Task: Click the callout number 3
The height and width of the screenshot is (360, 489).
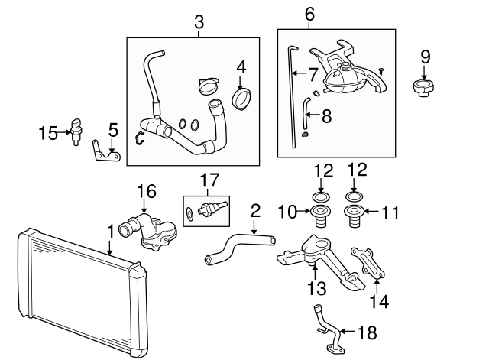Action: [199, 23]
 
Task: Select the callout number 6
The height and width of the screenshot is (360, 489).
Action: [309, 13]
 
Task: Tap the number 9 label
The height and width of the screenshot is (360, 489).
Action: [426, 56]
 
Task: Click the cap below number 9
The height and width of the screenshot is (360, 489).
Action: [423, 88]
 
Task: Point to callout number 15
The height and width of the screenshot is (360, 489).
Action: [48, 134]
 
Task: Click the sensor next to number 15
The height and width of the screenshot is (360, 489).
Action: [76, 130]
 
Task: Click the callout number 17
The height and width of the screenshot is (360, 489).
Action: [210, 180]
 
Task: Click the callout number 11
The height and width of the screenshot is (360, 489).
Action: [390, 212]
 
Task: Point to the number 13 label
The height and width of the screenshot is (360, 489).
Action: [316, 288]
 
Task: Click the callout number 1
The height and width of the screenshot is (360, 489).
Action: [110, 229]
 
